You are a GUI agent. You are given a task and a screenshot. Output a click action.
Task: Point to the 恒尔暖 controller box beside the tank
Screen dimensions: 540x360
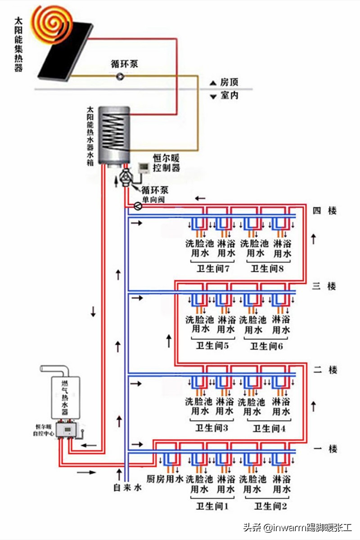pos(144,168)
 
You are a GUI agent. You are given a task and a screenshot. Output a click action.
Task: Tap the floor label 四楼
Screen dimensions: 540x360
pos(324,210)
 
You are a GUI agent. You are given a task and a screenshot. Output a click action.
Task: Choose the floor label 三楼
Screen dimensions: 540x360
pos(324,286)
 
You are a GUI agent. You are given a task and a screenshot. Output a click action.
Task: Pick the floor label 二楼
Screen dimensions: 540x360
pos(324,370)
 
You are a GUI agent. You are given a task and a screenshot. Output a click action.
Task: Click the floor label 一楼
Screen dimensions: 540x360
pos(324,449)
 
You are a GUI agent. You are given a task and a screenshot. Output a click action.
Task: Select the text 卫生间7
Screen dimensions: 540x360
pos(214,269)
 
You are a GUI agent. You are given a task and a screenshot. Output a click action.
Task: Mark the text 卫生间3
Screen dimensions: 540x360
pos(213,428)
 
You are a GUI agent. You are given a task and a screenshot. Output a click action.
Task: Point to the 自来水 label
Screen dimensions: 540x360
pos(127,487)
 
